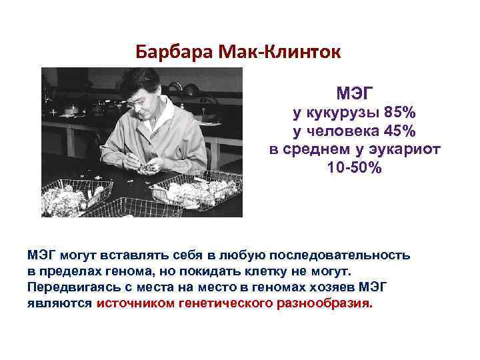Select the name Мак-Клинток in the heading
pos(270,51)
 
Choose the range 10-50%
pos(355,168)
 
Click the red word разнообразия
pos(323,303)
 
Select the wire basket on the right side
pos(197,191)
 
